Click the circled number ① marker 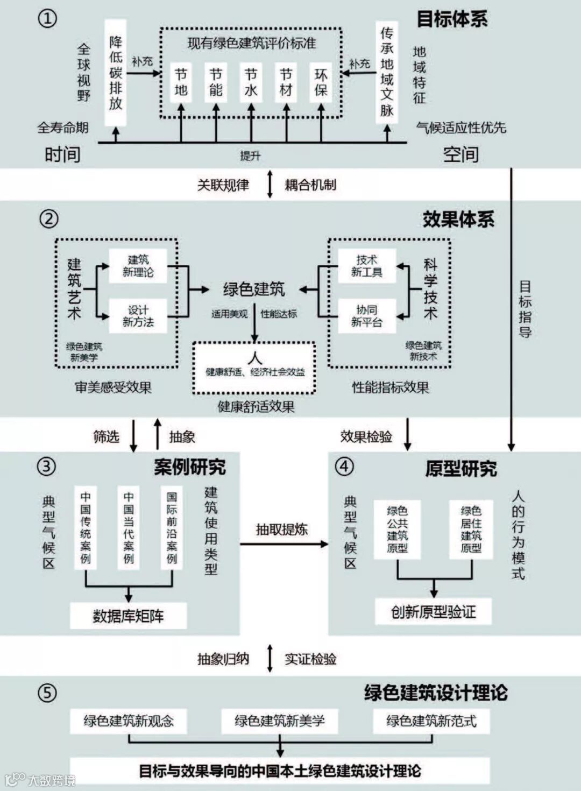point(47,19)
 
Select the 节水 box point(251,82)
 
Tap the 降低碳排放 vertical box point(116,73)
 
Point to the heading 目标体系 point(452,19)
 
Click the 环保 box point(321,82)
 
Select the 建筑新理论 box point(138,266)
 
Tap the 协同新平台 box point(367,316)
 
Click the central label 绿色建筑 point(254,289)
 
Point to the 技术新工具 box point(367,266)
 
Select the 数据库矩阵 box point(128,616)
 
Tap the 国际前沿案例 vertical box point(172,527)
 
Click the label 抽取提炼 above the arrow point(281,529)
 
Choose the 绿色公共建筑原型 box point(397,529)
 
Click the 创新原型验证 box point(434,612)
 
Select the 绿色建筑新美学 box point(280,721)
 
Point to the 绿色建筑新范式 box point(431,721)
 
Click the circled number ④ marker point(345,466)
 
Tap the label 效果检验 point(366,436)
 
